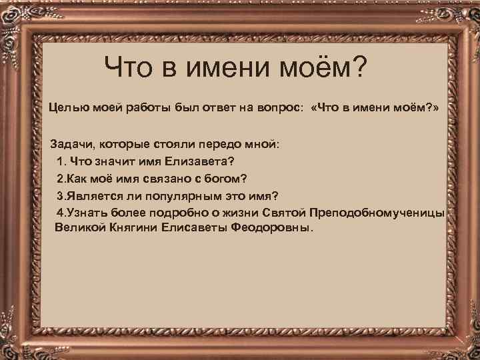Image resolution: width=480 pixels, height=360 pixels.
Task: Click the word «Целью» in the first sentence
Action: pos(65,107)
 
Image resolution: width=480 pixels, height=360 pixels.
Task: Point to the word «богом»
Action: pos(223,179)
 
